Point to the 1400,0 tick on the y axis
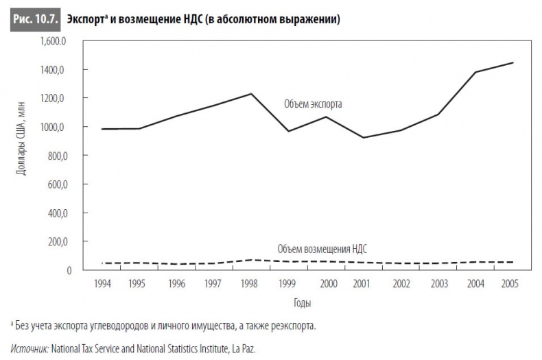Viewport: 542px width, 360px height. (x=55, y=70)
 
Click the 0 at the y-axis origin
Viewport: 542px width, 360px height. (x=69, y=270)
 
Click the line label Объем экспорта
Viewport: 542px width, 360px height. (x=312, y=105)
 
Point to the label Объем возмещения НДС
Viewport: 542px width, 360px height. (x=327, y=249)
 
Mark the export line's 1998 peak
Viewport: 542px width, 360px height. (x=252, y=93)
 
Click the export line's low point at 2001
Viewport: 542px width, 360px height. (x=363, y=138)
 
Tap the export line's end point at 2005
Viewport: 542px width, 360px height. (x=512, y=63)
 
